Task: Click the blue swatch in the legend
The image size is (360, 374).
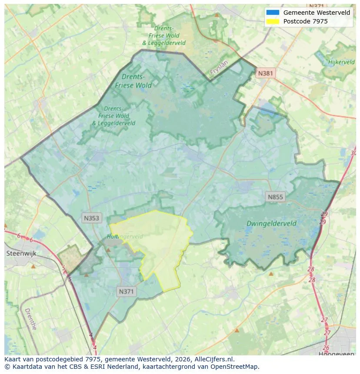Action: coord(273,13)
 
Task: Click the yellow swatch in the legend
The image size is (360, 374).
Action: coord(273,21)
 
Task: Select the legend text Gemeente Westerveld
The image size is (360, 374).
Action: coord(317,13)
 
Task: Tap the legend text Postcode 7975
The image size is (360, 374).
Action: coord(305,21)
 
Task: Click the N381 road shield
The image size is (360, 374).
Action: coord(265,73)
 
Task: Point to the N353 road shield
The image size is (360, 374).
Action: coord(92,218)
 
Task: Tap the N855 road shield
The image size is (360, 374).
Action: coord(275,197)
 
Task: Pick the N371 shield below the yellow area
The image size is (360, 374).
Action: coord(127,292)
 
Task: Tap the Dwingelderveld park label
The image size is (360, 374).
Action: coord(271,224)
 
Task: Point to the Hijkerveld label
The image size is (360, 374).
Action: coord(342,62)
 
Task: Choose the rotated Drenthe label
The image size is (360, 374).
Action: coord(30,319)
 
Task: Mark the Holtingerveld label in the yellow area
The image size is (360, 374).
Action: coord(125,236)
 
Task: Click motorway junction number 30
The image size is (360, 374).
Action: coord(353,153)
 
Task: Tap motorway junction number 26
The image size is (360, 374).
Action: coord(326,348)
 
